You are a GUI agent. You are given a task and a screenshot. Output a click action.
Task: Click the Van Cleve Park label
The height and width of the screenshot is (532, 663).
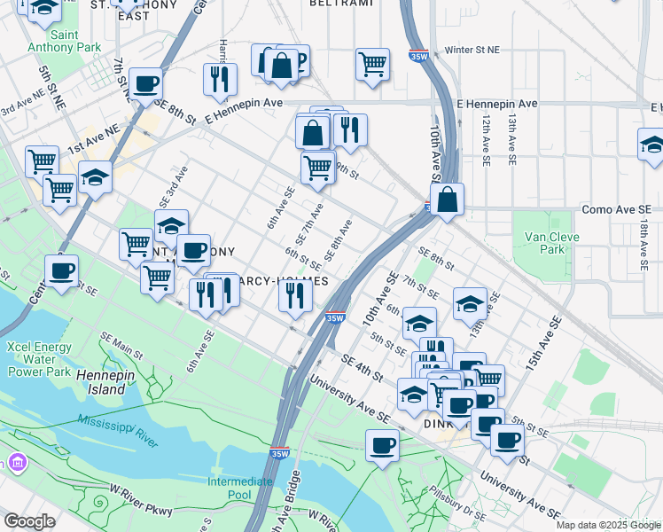coord(544,243)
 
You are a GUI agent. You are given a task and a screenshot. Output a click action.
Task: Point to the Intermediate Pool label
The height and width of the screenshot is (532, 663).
coord(239,488)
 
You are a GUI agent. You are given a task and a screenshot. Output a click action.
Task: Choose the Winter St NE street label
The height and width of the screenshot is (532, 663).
coord(479,51)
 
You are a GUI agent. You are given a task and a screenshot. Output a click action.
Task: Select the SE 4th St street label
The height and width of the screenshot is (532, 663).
coord(361,371)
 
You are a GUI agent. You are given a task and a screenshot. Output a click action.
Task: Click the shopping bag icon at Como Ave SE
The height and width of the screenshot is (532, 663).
coord(448,199)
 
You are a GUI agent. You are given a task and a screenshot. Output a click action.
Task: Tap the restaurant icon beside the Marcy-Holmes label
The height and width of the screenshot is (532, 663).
coord(295,294)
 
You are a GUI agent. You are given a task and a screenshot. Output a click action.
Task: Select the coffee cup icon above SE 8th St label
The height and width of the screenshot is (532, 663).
coord(146,84)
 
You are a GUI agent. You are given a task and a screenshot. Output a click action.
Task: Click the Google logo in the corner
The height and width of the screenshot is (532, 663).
coord(29,521)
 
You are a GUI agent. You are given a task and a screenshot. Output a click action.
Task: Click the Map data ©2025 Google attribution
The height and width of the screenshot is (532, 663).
coord(608,525)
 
